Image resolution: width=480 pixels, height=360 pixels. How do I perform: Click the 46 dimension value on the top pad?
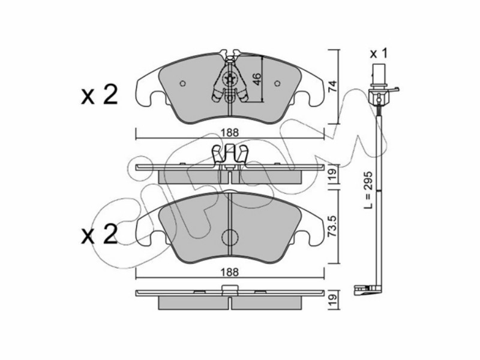257,79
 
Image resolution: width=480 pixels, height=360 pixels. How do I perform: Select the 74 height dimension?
332,86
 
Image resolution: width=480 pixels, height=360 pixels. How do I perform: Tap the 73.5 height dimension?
332,226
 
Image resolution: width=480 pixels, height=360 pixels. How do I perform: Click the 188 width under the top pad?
230,132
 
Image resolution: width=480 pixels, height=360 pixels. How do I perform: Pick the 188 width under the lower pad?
230,272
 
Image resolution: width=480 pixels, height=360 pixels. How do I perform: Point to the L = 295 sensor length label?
368,190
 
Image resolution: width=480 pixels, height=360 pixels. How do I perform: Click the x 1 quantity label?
379,54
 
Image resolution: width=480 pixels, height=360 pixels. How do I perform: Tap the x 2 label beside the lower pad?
99,234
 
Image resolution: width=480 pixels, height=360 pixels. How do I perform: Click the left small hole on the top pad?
183,83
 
